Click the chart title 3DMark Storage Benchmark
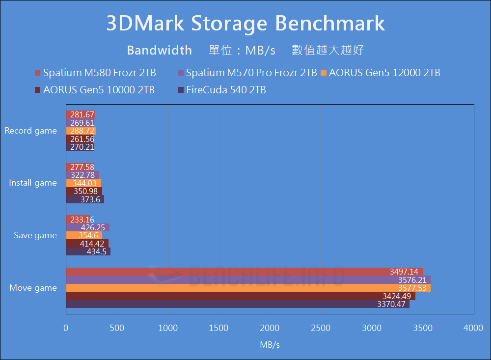coord(245,24)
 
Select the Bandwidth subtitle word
coord(159,50)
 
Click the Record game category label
coord(30,131)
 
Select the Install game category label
coord(33,183)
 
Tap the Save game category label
coord(35,235)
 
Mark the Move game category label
coord(33,288)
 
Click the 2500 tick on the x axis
coord(321,328)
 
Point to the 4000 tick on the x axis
coord(473,328)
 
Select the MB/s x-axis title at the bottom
coord(270,345)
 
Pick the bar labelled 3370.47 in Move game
coord(238,304)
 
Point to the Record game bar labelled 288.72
coord(81,131)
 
